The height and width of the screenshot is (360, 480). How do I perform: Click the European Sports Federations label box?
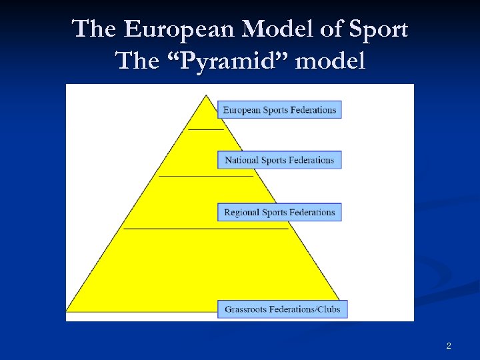click(x=279, y=110)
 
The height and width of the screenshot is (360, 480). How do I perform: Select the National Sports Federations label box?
click(x=279, y=160)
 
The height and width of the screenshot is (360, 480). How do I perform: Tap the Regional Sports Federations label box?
click(x=279, y=213)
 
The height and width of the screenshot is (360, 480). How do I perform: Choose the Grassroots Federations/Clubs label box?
click(x=283, y=309)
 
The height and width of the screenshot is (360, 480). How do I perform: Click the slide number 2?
click(x=449, y=346)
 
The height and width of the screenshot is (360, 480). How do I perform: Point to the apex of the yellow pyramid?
click(x=207, y=95)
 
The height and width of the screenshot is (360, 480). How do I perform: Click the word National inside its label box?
click(x=241, y=160)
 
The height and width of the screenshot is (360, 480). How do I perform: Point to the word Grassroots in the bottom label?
click(x=247, y=309)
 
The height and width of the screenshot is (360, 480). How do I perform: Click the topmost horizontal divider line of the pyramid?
click(x=206, y=129)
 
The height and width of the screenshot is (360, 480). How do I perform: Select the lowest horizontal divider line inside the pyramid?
click(x=206, y=228)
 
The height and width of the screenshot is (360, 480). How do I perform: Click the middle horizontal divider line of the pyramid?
click(x=206, y=176)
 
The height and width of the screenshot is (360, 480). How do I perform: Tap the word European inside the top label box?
click(x=242, y=110)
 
